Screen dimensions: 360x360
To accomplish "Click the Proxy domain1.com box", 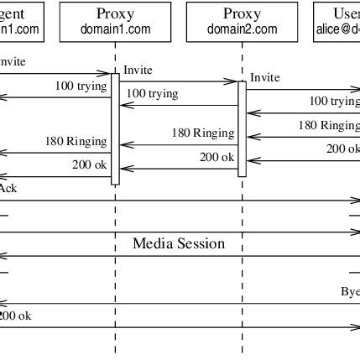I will coord(115,21).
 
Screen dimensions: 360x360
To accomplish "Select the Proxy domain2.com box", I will coord(242,21).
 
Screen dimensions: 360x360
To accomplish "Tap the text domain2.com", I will coord(242,29).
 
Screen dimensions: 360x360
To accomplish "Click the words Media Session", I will coord(179,244).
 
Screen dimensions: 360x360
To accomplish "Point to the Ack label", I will coord(7,188).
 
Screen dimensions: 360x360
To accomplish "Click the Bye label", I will coord(350,291).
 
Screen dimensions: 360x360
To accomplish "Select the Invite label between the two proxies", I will coord(138,70).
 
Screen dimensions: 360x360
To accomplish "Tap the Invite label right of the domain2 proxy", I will coord(264,78).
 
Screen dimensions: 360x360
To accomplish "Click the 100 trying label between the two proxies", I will coord(152,94).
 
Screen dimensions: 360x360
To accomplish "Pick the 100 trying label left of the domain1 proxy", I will coord(81,86).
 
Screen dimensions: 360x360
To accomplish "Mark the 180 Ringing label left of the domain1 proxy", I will coord(76,141).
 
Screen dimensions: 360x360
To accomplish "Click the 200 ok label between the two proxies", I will coord(216,156).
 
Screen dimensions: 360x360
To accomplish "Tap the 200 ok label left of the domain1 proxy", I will coord(89,164).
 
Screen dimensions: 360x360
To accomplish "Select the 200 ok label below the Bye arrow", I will coord(15,316).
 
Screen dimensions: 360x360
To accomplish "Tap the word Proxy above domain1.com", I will coord(115,13).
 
